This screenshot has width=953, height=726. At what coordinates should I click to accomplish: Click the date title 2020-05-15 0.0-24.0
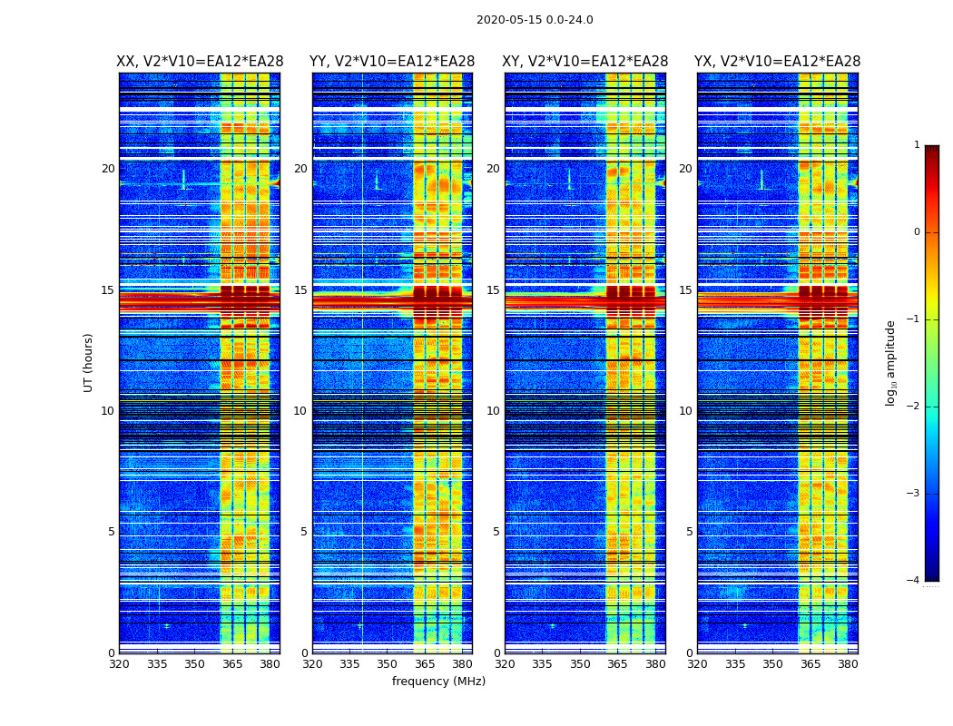point(535,20)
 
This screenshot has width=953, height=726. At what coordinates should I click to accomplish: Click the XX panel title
point(200,62)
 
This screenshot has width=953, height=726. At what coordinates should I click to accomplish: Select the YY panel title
point(392,62)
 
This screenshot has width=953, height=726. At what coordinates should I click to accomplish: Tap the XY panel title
point(585,62)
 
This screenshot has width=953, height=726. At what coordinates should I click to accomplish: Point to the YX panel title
point(777,62)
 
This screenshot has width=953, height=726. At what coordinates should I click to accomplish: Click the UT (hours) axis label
point(88,362)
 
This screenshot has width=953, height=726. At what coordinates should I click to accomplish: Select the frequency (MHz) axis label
point(438,682)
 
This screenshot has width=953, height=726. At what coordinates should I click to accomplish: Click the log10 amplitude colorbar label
point(891,362)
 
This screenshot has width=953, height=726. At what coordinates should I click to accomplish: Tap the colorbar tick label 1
point(917,145)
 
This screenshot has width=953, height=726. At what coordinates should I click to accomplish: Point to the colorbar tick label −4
point(914,581)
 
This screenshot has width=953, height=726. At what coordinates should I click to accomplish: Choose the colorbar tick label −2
point(914,407)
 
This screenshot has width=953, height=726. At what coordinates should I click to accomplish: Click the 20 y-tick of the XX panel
point(108,169)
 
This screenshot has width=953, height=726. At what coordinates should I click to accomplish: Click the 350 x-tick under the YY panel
point(387,664)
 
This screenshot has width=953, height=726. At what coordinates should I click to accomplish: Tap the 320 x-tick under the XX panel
point(119,664)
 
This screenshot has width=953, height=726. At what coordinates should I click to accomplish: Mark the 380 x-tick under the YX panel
point(848,664)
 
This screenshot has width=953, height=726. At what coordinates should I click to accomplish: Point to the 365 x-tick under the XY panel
point(617,664)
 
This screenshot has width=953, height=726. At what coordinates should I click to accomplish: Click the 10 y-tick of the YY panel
point(300,411)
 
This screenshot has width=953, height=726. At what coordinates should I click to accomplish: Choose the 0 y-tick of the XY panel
point(496,653)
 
